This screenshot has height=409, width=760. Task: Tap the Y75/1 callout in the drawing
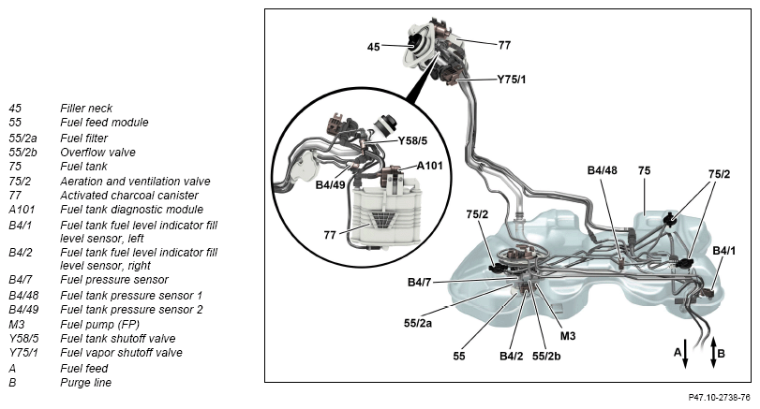(511, 80)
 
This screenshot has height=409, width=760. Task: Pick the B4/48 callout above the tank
(603, 170)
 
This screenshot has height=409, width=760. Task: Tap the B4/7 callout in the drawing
(420, 282)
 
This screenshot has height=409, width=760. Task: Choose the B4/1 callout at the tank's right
(724, 251)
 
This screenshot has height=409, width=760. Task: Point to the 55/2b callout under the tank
(548, 357)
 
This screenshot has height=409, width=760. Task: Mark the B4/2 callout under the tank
(511, 357)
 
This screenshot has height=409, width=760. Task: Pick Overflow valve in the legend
(97, 152)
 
